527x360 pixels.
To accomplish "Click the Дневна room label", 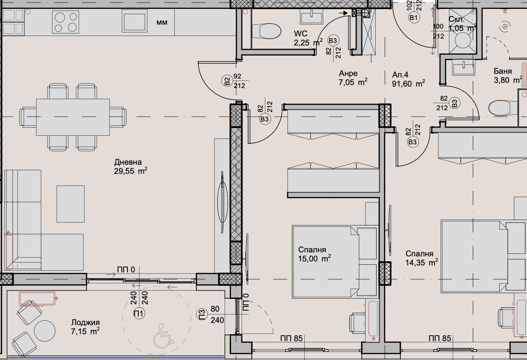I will (x=128, y=162).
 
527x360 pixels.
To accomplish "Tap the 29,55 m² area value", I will (x=130, y=171).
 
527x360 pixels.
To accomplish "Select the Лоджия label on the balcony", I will (x=85, y=323).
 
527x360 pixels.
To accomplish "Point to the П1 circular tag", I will (x=139, y=314).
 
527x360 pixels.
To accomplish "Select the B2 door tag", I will (x=227, y=81).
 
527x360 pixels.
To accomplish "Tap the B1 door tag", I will (x=414, y=17).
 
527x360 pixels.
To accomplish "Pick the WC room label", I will (x=301, y=34).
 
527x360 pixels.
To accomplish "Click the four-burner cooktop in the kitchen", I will (x=66, y=22).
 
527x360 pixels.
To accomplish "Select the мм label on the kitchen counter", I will (x=162, y=23).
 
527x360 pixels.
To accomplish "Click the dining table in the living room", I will (x=73, y=117).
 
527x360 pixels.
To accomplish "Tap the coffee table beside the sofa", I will (x=70, y=204).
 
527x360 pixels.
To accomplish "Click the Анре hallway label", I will (x=348, y=73).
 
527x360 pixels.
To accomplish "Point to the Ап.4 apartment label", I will (x=400, y=75).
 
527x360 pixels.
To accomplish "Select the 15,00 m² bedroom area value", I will (x=314, y=259).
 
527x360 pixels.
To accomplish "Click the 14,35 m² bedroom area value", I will (x=421, y=263).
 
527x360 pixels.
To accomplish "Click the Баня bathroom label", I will (x=503, y=71).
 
